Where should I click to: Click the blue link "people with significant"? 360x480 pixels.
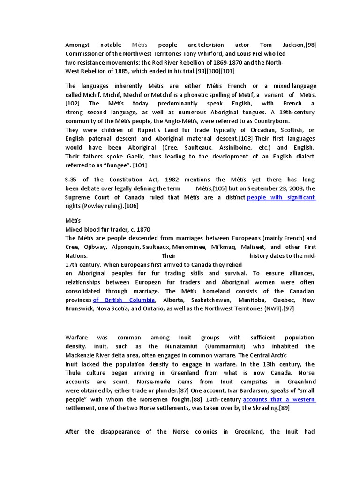click(x=281, y=197)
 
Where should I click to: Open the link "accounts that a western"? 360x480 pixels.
click(x=279, y=399)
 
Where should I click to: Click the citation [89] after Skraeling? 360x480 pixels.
click(x=284, y=408)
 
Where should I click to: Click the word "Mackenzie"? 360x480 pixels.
click(x=81, y=355)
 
